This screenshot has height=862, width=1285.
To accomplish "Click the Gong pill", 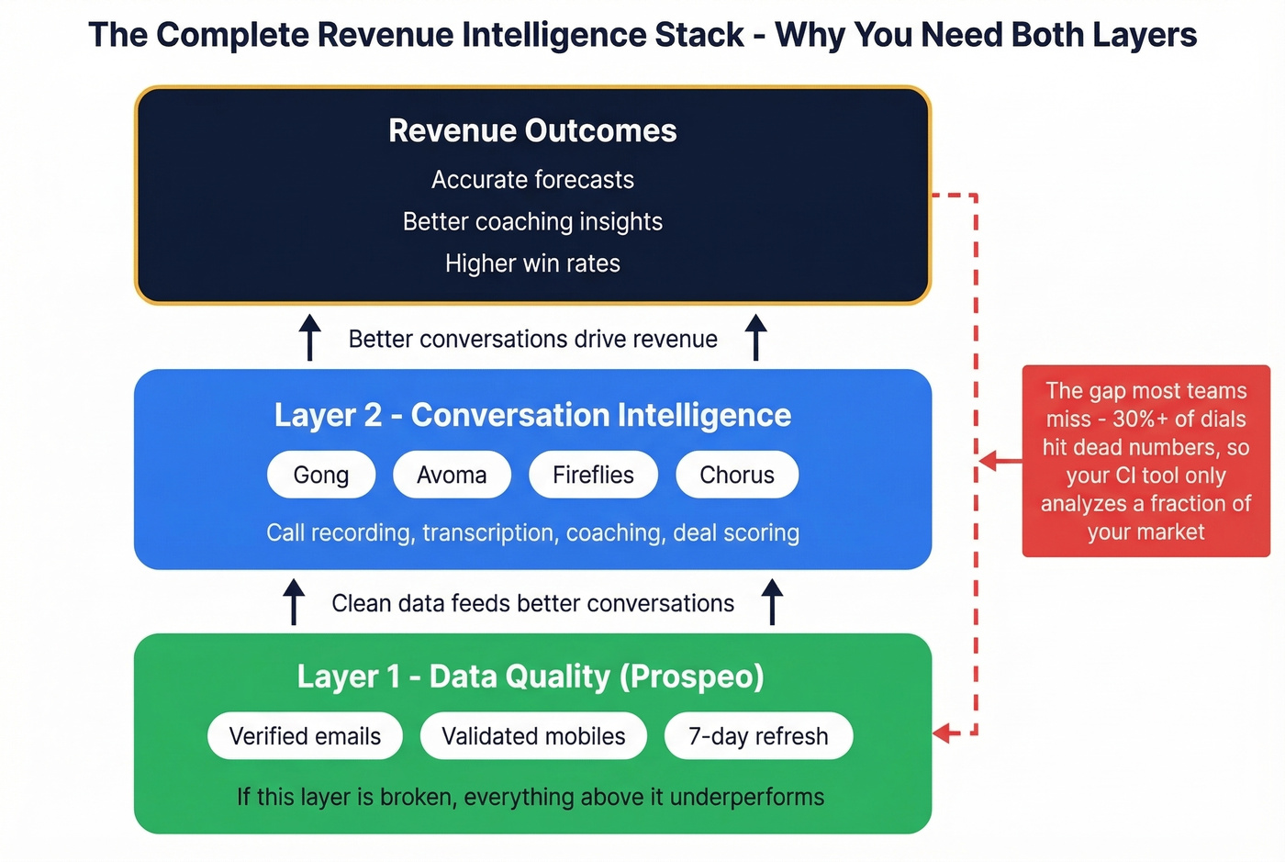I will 321,475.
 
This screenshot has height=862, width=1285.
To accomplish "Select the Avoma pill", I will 452,475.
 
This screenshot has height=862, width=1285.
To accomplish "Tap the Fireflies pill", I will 593,475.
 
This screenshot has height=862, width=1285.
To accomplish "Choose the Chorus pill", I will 736,475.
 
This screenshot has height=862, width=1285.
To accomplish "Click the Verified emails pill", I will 305,736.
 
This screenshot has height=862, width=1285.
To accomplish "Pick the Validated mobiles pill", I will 533,736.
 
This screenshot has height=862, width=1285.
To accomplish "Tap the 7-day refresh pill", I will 758,736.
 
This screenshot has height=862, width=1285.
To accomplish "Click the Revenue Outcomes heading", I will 532,130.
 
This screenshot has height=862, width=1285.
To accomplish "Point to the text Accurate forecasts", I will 532,179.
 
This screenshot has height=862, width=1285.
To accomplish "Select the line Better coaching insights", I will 532,221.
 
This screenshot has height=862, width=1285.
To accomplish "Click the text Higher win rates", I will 532,263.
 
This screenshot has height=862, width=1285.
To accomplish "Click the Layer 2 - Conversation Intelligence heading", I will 532,415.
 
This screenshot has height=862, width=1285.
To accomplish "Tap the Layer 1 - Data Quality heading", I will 531,677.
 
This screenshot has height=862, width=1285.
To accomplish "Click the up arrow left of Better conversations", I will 310,337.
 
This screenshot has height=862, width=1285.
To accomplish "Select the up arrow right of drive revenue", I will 755,337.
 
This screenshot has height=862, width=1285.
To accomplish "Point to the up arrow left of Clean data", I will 294,601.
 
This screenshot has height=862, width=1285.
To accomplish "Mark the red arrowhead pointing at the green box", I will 943,733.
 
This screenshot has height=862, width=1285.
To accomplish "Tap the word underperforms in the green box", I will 747,797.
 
